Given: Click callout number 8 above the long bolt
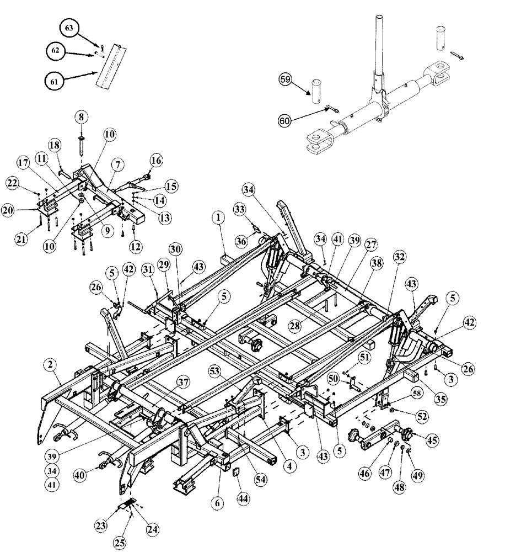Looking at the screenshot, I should [x=82, y=117].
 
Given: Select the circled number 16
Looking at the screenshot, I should [x=157, y=160].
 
